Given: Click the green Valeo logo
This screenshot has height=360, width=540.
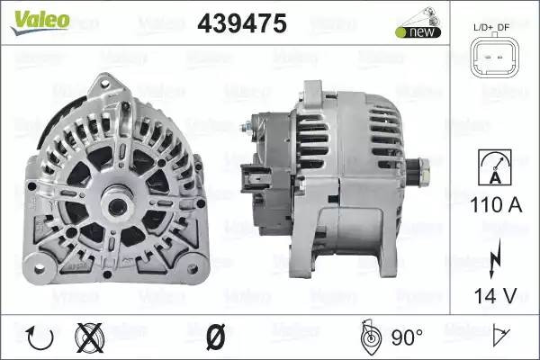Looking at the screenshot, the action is pos(40,22).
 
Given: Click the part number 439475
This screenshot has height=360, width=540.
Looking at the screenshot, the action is pos(242,23).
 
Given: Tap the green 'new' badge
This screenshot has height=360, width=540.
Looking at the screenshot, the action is pos(418,31).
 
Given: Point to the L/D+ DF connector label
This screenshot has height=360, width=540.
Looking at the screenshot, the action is pos(491,27).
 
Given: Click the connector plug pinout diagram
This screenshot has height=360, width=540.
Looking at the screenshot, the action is pos(493,58).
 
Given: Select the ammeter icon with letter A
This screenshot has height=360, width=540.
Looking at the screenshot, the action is pos(495,167).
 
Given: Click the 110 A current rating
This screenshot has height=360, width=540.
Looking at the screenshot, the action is pos(496,205).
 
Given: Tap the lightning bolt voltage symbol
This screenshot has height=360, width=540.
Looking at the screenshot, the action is pos(495,258).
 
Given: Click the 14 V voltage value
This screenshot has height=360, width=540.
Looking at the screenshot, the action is pos(496,295).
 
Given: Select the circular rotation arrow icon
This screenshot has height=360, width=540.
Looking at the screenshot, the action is pos(40,337).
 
